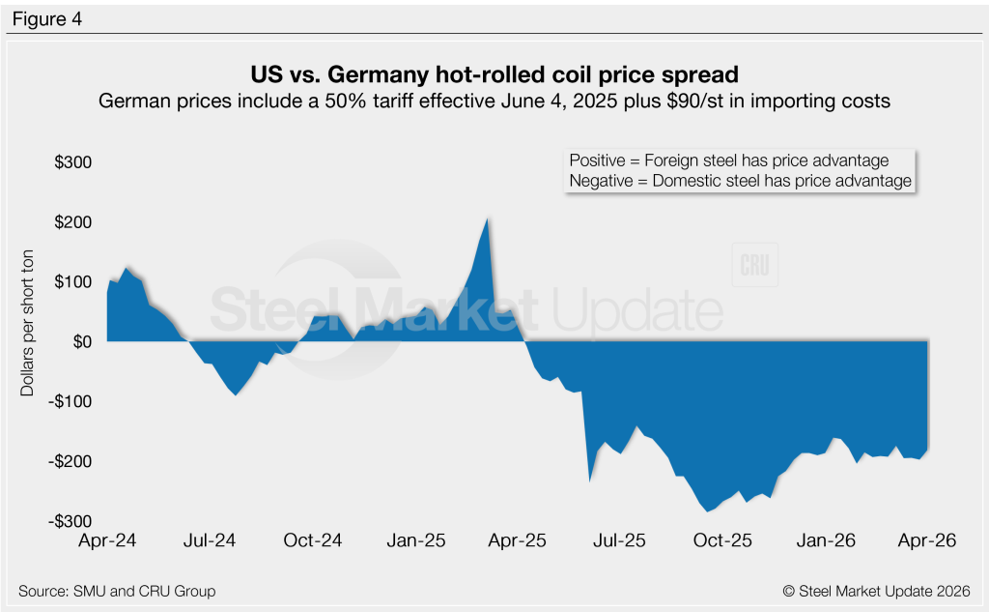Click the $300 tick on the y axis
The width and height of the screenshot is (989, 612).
click(73, 162)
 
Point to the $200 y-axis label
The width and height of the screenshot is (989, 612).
click(73, 222)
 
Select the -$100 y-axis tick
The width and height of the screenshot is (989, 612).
click(71, 401)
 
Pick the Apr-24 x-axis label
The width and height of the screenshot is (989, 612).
click(106, 541)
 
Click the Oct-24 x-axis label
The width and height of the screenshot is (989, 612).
click(313, 541)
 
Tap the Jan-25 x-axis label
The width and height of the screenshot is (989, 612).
click(415, 541)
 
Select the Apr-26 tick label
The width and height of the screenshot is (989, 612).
click(928, 541)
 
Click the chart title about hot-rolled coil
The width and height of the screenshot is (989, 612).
click(494, 74)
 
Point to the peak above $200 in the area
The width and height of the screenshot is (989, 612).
click(489, 219)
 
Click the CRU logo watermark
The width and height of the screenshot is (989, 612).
click(755, 268)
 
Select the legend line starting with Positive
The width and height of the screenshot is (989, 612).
click(729, 160)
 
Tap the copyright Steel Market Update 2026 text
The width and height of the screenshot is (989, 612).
click(876, 591)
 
